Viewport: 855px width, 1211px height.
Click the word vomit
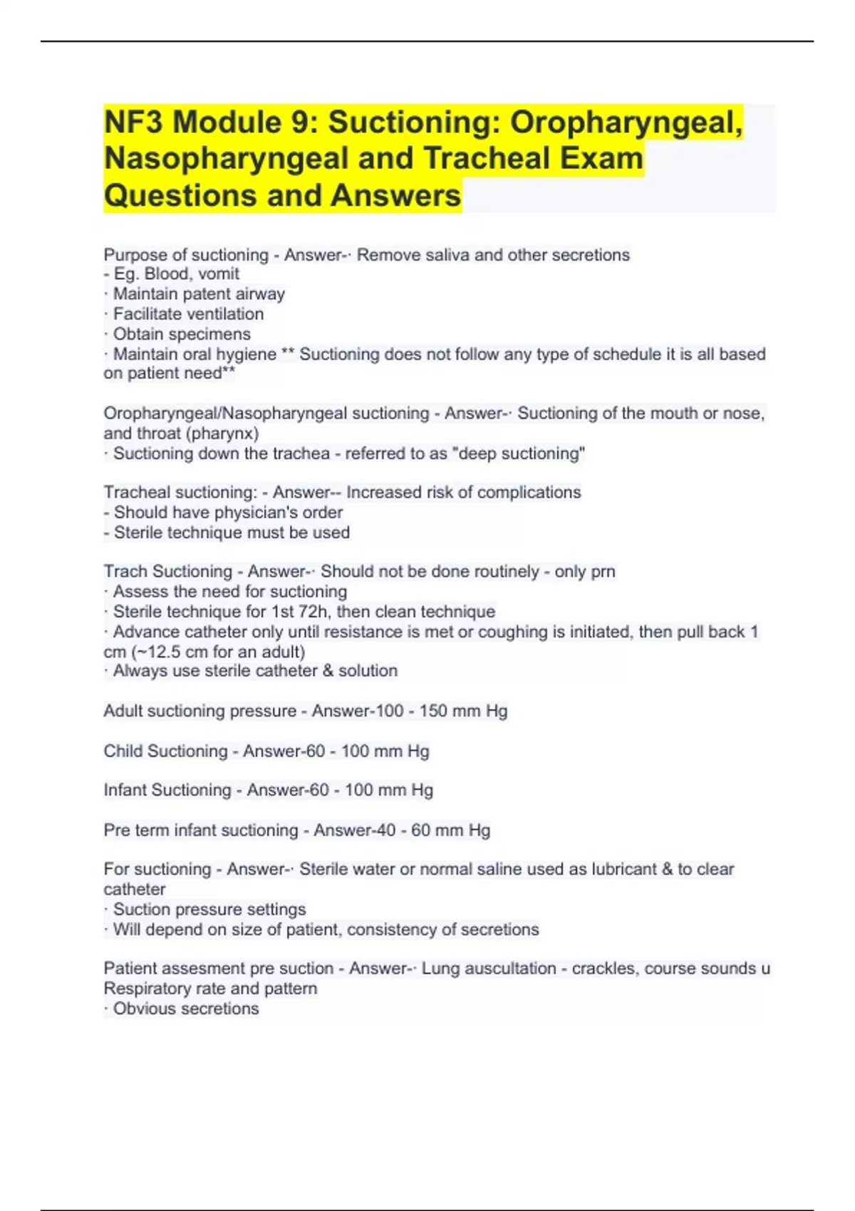(x=219, y=274)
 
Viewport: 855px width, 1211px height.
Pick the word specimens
(x=215, y=334)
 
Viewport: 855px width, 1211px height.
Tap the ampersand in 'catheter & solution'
(x=328, y=671)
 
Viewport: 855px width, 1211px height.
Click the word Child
(x=124, y=751)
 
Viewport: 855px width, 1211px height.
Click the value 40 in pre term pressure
(x=385, y=831)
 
